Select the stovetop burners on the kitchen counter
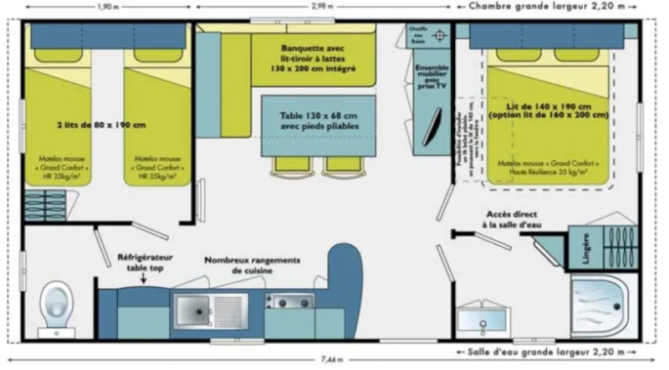pos(288,301)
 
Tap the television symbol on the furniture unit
pos(436,126)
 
